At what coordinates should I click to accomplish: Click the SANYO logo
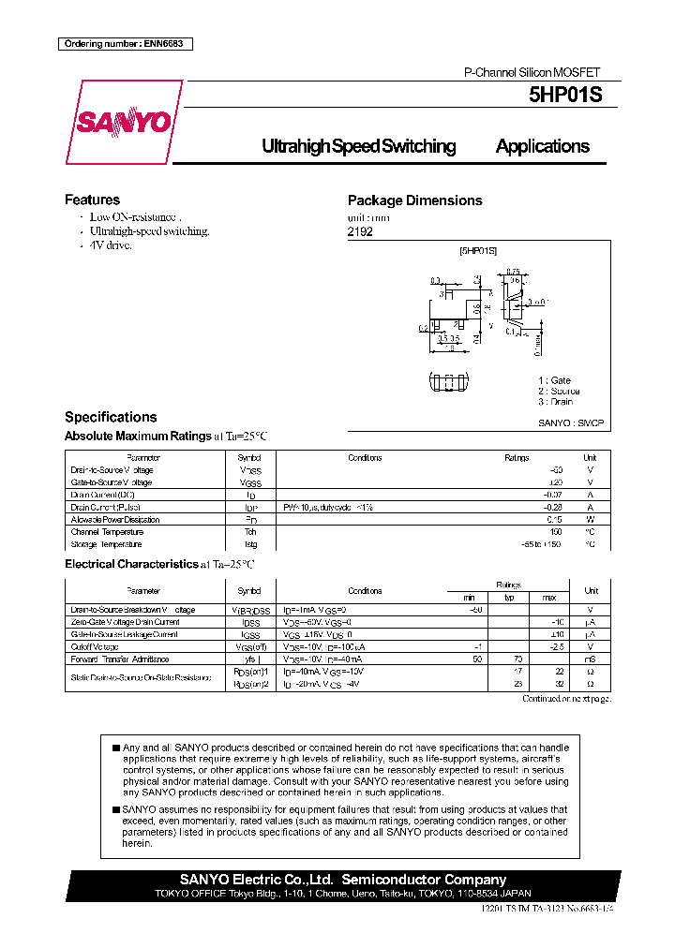point(123,123)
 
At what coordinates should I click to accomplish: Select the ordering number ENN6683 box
point(125,44)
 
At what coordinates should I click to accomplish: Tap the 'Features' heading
point(92,200)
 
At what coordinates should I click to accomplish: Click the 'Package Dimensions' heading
point(414,200)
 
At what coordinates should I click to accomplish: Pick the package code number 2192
point(360,230)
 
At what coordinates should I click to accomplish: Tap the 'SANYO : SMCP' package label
point(571,423)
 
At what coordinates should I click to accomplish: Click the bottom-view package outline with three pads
point(452,382)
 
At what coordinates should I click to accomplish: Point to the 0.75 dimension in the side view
point(513,273)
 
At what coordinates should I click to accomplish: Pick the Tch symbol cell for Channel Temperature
point(250,531)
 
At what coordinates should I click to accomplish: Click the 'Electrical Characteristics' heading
point(130,564)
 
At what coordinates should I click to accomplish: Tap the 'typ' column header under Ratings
point(510,597)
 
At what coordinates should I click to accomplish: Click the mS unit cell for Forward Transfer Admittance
point(591,659)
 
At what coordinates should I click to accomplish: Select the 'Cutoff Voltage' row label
point(95,647)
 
